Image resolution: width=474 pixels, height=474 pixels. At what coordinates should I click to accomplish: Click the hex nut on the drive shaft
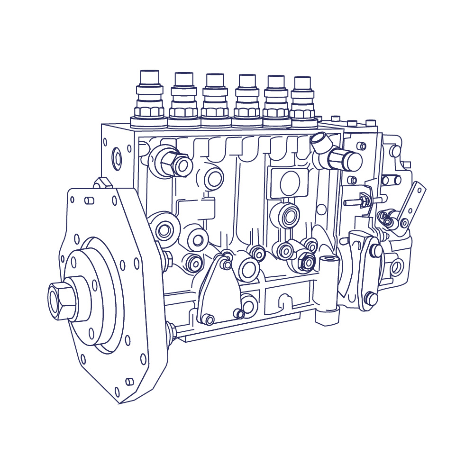62,301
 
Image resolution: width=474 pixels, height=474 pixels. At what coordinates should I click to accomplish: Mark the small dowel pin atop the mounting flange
89,200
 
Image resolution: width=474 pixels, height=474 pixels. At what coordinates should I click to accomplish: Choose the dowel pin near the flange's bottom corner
129,381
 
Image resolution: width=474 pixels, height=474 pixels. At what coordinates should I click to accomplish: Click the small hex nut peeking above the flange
101,182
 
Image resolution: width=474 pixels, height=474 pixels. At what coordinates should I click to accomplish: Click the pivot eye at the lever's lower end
404,222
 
